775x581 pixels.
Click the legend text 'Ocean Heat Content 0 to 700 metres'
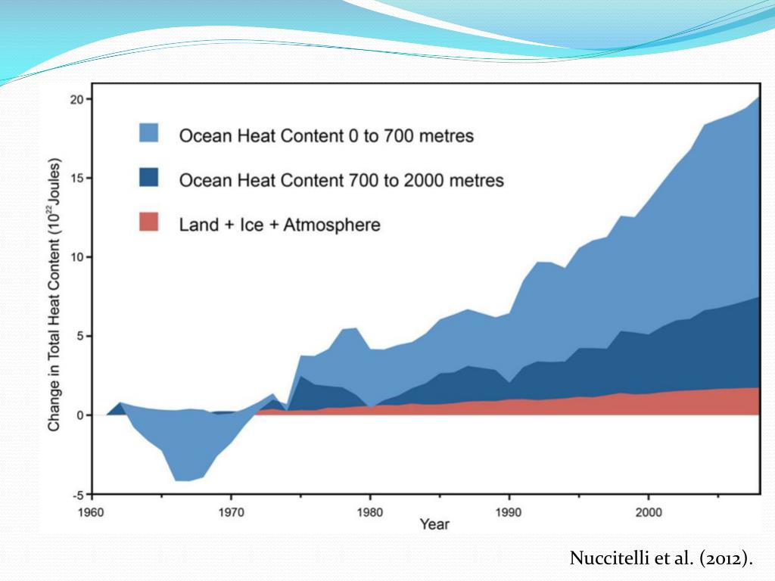point(326,136)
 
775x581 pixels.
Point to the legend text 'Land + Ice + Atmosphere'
point(279,225)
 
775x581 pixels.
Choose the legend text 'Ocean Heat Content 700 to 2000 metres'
point(341,181)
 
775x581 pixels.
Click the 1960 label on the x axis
point(92,511)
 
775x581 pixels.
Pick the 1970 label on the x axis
point(231,511)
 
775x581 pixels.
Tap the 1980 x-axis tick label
point(370,511)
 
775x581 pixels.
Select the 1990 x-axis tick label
point(509,511)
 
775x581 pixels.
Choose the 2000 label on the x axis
point(648,511)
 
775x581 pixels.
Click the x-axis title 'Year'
point(434,525)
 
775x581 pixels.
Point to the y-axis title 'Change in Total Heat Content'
point(54,295)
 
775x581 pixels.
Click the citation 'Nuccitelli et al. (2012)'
point(661,559)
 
